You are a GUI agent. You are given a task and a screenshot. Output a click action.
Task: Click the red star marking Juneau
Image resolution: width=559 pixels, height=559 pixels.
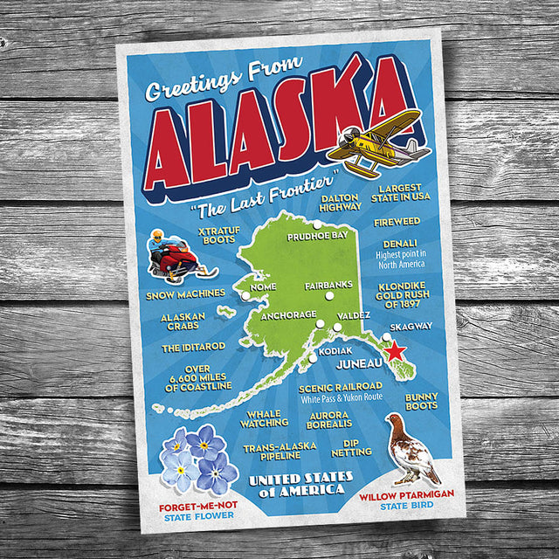point(395,352)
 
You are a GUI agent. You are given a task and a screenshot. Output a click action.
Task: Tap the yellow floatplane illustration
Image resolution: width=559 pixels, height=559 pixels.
point(378,141)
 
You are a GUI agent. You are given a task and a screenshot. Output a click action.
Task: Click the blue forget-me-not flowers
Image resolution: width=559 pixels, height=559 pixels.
point(198,459)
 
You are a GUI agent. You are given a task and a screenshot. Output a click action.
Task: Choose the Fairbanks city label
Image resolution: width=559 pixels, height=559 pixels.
point(328,285)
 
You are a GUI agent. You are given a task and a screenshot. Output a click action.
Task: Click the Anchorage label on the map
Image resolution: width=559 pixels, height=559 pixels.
point(288,314)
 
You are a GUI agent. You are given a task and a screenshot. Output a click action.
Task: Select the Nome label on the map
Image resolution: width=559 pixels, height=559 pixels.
point(263,286)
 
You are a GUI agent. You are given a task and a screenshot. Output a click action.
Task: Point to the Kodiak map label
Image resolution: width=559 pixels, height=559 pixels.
point(335,350)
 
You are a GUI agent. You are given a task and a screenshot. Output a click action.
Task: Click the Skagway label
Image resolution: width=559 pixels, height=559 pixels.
point(411,327)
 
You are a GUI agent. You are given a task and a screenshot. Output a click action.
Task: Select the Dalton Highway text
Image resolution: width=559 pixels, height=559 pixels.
point(341,203)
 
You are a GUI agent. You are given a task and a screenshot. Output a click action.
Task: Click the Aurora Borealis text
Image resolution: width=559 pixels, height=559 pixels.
point(328,419)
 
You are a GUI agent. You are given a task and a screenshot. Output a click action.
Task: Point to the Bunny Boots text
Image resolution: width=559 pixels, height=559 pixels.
point(421,401)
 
